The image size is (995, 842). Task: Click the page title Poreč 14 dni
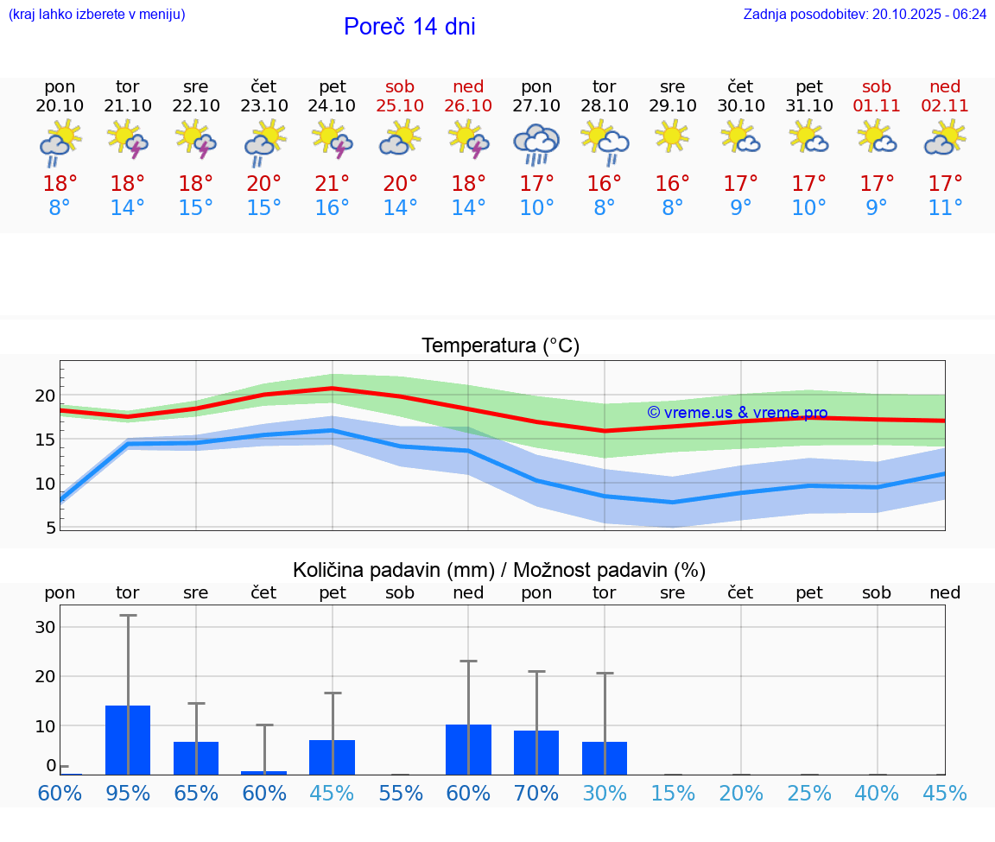coord(409,27)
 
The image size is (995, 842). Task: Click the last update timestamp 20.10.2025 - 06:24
coord(929,14)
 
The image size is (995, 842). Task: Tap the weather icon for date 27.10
coord(536,142)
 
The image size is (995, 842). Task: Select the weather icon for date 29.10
coord(672,137)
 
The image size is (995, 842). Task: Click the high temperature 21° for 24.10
coord(333,184)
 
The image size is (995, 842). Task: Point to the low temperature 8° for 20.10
coord(60,208)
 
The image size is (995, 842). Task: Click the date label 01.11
coord(877,105)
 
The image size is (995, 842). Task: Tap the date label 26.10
coord(468,105)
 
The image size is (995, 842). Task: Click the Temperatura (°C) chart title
coord(500,346)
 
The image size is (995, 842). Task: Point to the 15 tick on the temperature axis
coord(45,440)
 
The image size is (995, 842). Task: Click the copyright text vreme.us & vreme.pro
coord(738,413)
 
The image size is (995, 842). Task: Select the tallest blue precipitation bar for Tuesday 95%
coord(128,740)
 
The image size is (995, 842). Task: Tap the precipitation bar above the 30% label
coord(605,758)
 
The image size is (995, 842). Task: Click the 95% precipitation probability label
coord(128,793)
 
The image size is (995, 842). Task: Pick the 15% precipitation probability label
coord(672,793)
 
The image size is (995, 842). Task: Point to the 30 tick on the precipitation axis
coord(45,627)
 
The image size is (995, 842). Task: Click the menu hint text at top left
coord(97,14)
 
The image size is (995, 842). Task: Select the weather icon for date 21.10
coord(128,139)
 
